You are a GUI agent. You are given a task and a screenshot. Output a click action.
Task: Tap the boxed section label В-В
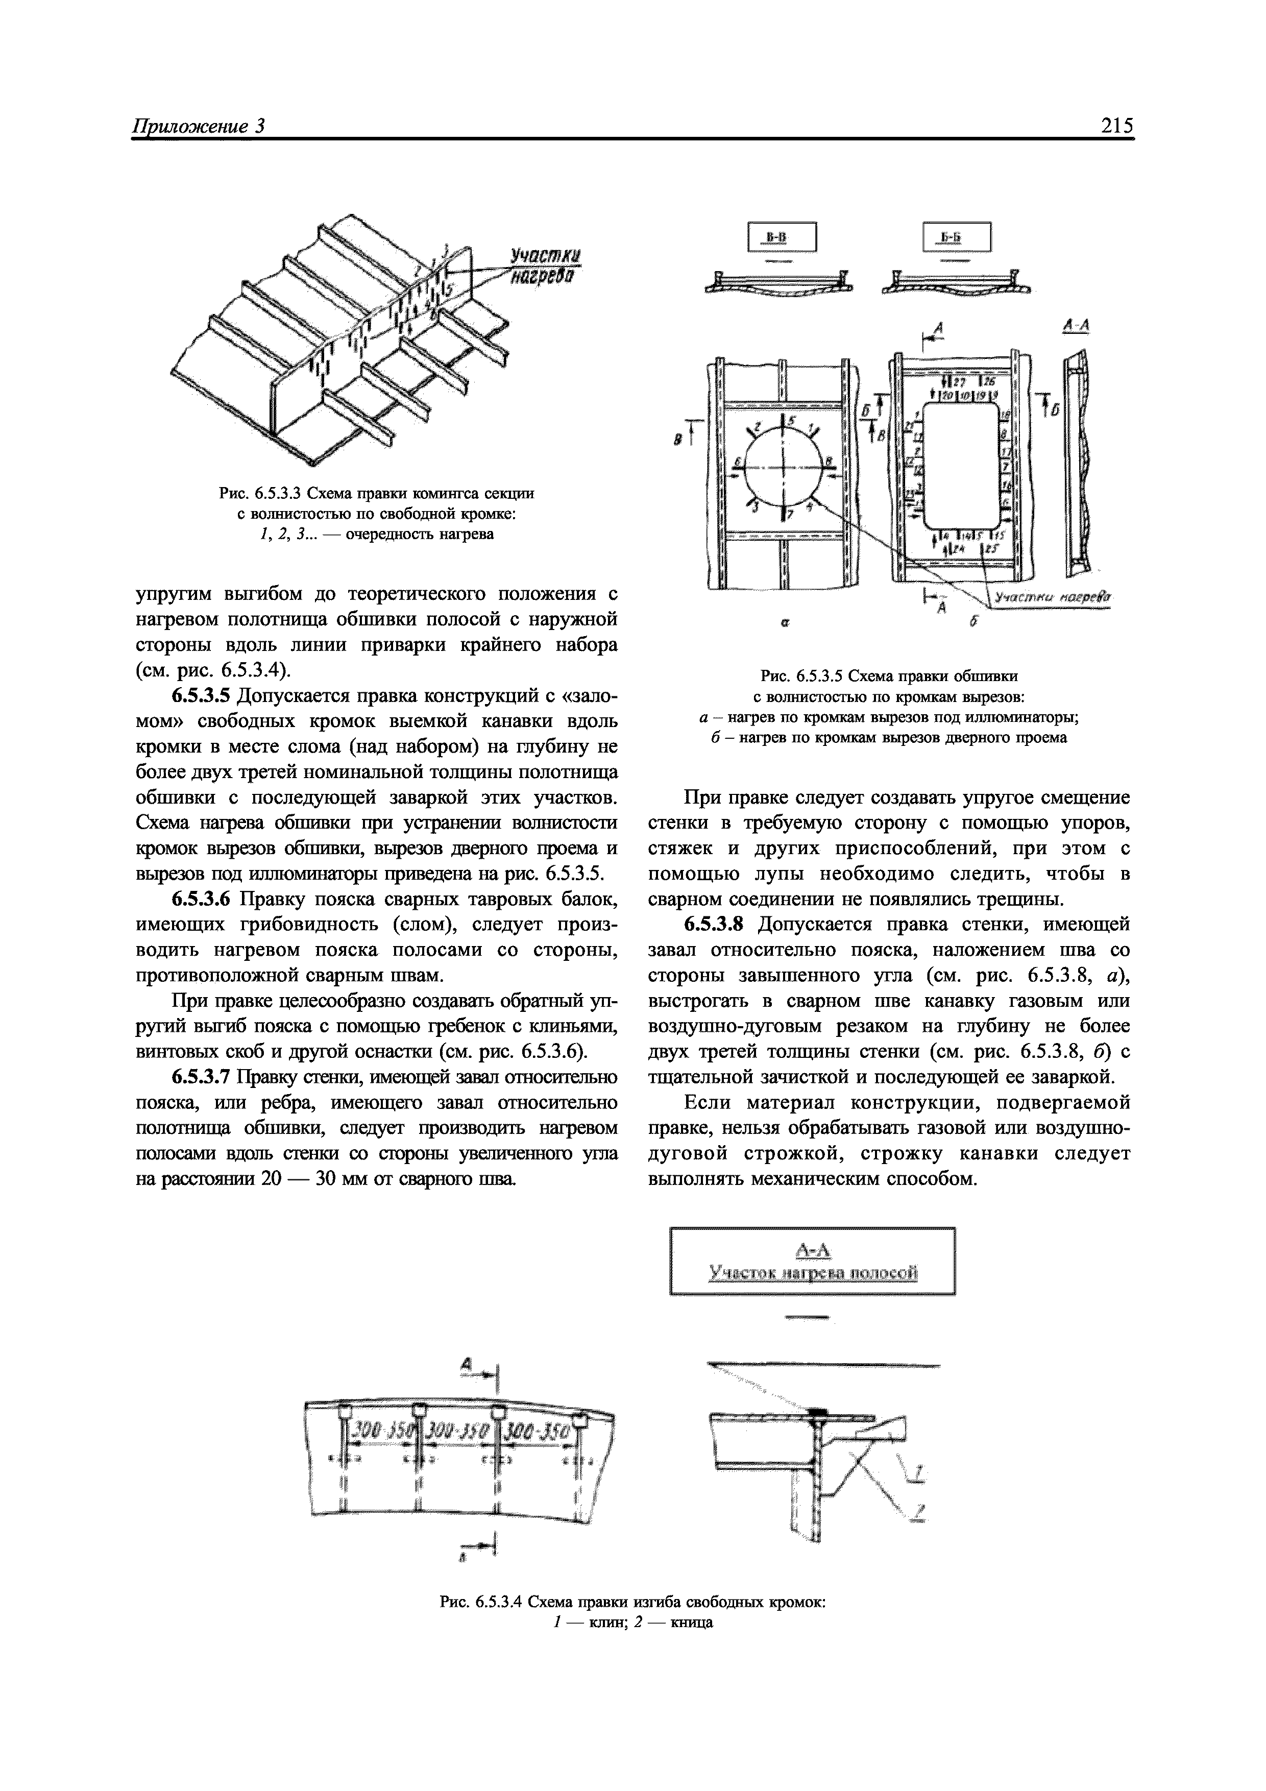(x=781, y=237)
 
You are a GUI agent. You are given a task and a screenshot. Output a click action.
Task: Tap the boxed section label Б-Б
(x=956, y=237)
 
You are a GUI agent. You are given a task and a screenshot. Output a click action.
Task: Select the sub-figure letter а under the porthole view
(x=786, y=624)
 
